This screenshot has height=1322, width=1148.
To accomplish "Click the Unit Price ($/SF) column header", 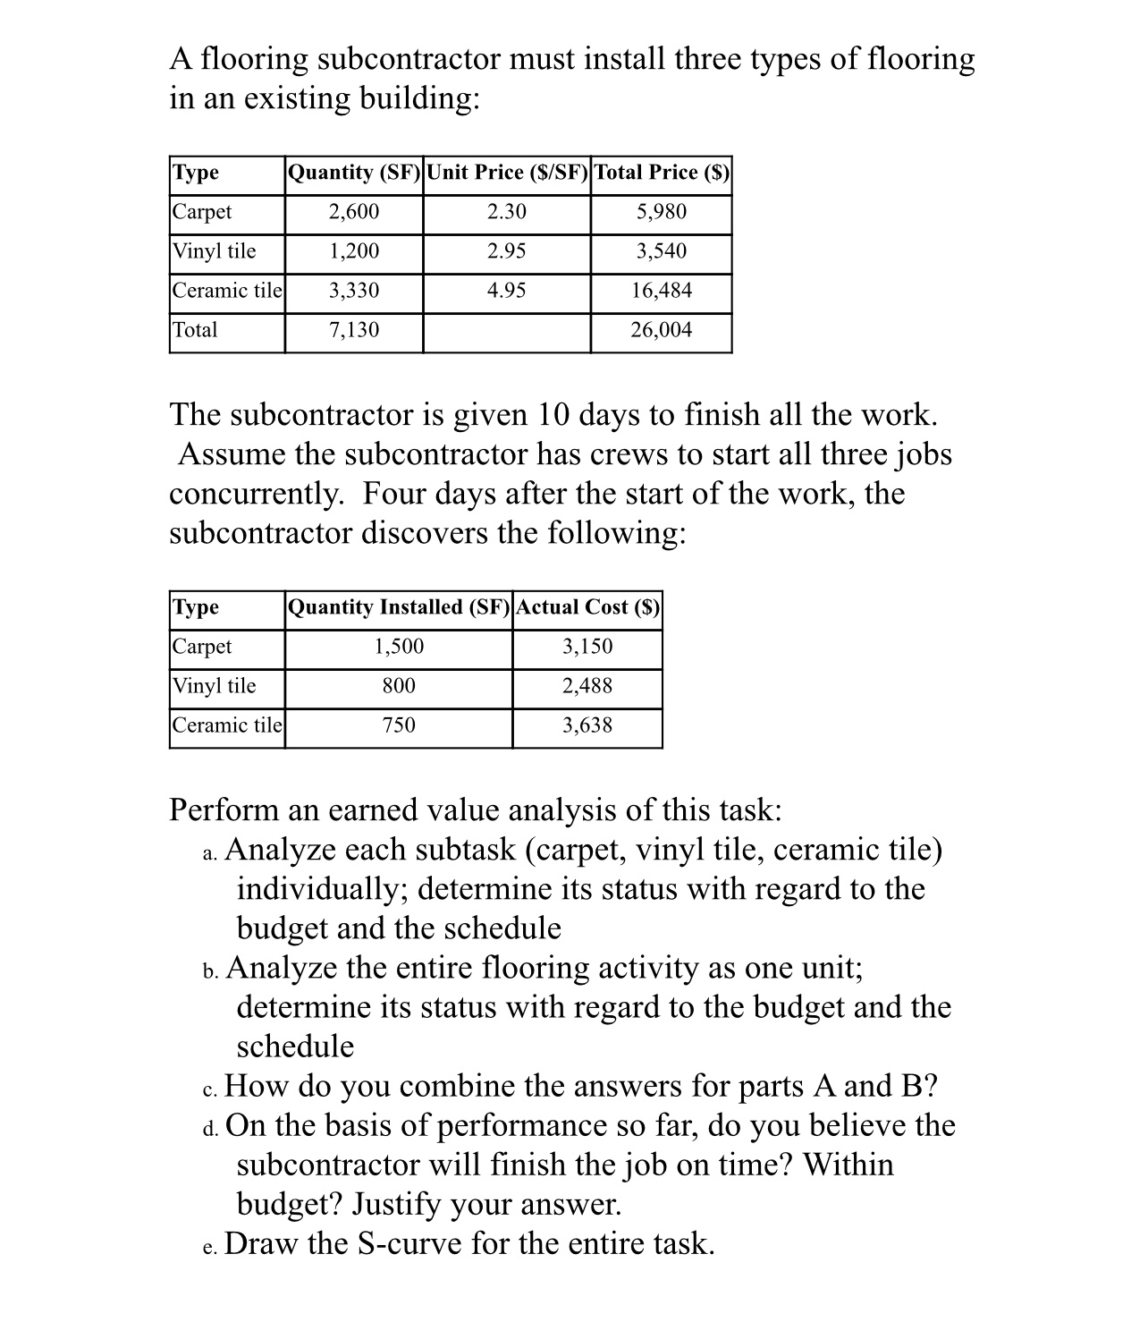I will [507, 172].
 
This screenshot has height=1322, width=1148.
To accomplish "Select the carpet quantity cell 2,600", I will [354, 212].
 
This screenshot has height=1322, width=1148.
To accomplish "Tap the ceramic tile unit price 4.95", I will [507, 291].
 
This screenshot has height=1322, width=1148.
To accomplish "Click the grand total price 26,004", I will [662, 330].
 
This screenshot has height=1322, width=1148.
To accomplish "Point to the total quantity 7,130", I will [354, 330].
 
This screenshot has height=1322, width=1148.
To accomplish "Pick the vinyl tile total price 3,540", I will [662, 251].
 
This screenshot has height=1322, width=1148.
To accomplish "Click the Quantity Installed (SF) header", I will [399, 607].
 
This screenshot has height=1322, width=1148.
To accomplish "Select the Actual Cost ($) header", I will [587, 607].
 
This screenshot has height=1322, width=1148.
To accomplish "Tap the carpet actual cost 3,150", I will [587, 647].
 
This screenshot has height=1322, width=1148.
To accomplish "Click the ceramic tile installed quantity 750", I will [399, 725].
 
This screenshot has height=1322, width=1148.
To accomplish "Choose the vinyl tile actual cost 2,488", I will [587, 686].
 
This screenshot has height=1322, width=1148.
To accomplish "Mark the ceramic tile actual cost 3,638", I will [587, 725].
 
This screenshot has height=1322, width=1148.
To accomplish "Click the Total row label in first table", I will [195, 330].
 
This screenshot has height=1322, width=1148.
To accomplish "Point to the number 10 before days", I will [558, 415].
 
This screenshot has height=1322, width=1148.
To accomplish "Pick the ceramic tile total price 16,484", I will [662, 291].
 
